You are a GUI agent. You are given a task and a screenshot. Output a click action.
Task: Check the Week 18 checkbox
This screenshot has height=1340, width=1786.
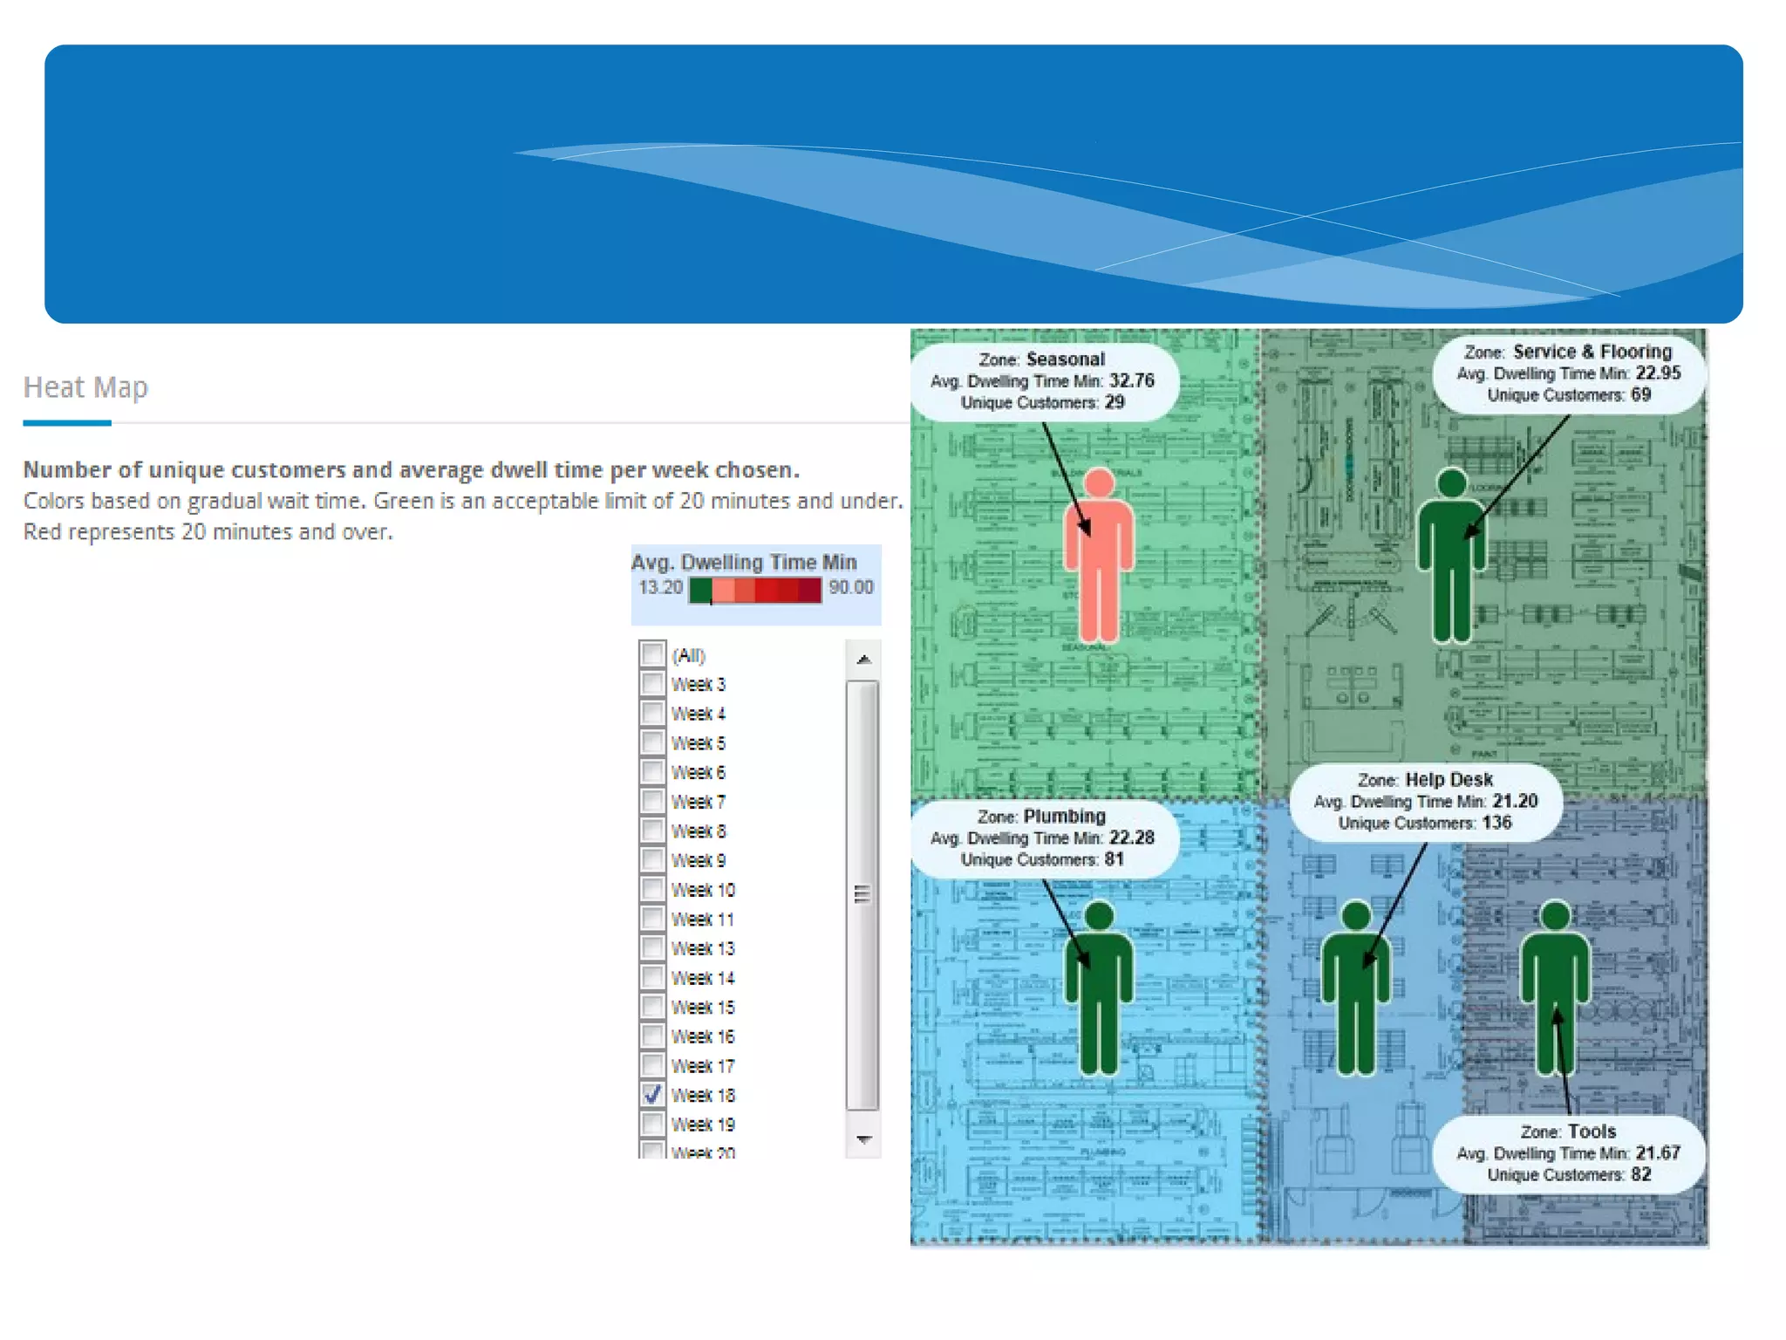coord(652,1094)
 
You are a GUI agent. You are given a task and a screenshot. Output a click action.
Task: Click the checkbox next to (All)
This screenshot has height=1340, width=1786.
coord(652,653)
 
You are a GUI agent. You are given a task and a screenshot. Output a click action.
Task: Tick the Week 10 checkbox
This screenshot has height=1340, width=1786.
coord(652,889)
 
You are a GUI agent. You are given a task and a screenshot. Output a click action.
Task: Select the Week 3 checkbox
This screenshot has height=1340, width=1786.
coord(652,683)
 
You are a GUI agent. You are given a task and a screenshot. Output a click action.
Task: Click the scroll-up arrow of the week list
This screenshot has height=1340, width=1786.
coord(863,660)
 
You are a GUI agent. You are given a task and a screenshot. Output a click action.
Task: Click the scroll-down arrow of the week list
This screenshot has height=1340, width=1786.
coord(863,1139)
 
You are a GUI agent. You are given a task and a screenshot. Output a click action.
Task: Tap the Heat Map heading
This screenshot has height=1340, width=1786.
coord(85,387)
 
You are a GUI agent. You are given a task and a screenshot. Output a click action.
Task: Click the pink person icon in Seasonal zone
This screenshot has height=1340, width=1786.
coord(1099,558)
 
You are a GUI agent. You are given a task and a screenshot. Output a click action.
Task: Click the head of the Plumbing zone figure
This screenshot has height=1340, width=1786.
coord(1099,915)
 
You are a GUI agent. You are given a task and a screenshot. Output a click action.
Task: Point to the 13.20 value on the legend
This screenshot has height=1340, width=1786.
coord(660,587)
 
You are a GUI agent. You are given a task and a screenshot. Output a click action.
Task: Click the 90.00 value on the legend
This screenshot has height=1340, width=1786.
coord(850,587)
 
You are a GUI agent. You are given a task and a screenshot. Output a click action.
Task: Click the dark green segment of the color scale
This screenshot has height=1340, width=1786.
coord(700,591)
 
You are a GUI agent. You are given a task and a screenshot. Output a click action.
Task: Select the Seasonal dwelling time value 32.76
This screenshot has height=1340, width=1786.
coord(1131,381)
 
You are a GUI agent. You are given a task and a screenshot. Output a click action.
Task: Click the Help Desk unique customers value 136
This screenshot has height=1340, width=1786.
coord(1496,823)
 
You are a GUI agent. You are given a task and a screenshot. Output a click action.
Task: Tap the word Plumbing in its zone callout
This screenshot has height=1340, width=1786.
coord(1064,817)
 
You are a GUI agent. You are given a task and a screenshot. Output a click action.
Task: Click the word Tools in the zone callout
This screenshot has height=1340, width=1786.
coord(1592,1131)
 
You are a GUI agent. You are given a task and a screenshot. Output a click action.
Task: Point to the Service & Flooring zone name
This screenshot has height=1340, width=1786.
coord(1592,352)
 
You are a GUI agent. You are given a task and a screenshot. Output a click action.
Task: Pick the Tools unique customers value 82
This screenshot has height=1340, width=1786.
coord(1640,1174)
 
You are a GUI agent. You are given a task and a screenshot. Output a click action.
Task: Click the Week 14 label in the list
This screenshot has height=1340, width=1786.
coord(703,978)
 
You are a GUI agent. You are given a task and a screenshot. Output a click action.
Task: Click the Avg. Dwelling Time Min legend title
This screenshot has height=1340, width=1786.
coord(744,563)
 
